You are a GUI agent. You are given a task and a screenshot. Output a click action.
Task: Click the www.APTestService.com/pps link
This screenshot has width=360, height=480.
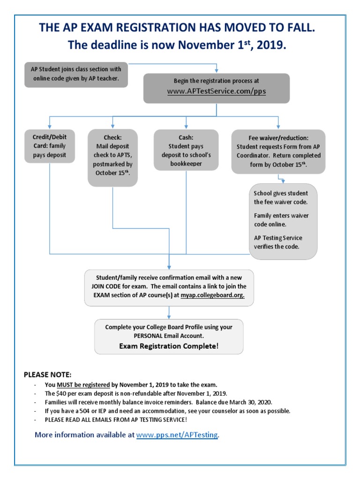click(216, 91)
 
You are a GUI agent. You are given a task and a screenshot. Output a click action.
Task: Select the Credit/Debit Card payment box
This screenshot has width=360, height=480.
click(49, 146)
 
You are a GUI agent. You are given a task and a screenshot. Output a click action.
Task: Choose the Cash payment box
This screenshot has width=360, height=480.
click(187, 150)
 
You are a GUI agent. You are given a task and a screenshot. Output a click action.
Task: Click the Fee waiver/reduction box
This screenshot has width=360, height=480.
click(278, 151)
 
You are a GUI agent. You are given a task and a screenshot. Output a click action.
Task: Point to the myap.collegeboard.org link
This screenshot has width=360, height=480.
click(212, 295)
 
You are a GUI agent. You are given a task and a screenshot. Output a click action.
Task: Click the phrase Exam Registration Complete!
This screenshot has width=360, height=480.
click(168, 346)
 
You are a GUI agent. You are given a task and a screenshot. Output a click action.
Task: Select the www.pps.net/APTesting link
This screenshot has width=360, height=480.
click(177, 435)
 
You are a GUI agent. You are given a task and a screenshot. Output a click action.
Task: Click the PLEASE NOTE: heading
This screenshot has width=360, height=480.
click(48, 375)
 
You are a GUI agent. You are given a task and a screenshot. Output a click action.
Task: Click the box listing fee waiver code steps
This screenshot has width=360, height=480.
click(283, 221)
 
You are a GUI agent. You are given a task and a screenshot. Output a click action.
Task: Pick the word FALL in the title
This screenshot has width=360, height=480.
click(298, 28)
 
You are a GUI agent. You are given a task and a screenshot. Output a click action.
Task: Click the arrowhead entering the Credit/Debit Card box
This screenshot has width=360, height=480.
click(49, 127)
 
